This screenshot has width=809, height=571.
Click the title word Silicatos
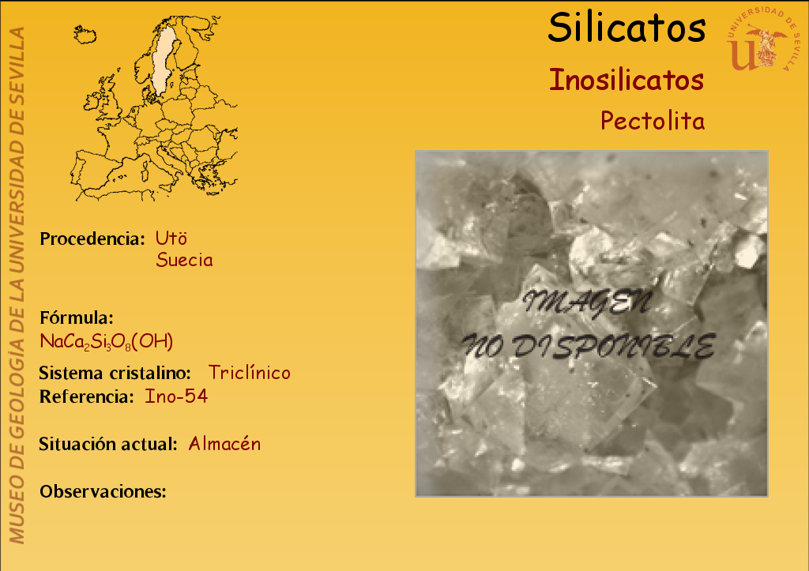(x=627, y=28)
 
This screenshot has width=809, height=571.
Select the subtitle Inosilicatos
(x=627, y=80)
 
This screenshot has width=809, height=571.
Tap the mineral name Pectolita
(x=653, y=121)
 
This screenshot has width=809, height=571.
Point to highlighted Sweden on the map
(x=164, y=59)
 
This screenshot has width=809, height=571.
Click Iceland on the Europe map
(x=85, y=35)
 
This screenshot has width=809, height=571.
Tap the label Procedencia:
(x=92, y=239)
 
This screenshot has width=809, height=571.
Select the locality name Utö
(x=171, y=239)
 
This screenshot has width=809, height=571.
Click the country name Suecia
(x=184, y=260)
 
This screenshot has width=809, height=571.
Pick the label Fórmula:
(x=77, y=317)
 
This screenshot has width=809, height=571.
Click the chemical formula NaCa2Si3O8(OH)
(x=107, y=341)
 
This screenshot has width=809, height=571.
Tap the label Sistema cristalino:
(x=115, y=373)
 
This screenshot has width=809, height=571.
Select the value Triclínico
(x=249, y=373)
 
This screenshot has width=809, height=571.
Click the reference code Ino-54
(x=176, y=396)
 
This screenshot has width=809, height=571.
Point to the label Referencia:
(x=87, y=396)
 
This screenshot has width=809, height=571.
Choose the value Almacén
(x=224, y=444)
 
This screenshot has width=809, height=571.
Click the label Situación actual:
(x=107, y=444)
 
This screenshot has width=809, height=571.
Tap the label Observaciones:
(x=103, y=491)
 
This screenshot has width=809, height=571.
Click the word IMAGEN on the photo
(x=588, y=302)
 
